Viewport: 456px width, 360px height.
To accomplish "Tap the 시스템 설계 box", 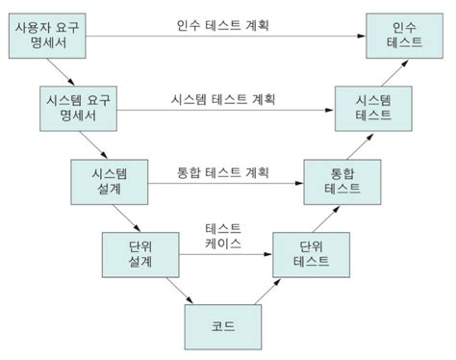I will point(107,180).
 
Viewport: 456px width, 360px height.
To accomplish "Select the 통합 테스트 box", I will point(343,180).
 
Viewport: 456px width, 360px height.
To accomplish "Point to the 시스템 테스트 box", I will point(373,106).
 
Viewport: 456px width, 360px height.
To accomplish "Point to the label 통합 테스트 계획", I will point(223,172).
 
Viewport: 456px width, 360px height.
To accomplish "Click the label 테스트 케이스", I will point(223,236).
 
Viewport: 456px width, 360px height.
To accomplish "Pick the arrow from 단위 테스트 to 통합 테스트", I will point(325,216).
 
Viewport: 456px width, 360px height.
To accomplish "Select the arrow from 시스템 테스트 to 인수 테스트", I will point(389,71).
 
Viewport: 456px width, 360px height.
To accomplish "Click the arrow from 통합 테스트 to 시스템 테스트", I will point(357,143).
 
